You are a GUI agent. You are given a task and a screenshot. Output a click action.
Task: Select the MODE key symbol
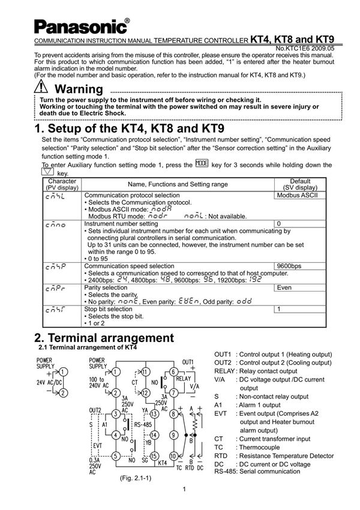[x=202, y=164]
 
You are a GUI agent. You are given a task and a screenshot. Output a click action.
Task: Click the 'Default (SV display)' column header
[x=300, y=184]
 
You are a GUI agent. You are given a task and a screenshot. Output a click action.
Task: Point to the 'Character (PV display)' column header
[x=62, y=184]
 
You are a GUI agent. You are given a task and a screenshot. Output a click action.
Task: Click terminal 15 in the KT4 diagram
[x=155, y=455]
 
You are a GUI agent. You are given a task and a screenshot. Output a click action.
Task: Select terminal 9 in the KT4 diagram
[x=175, y=434]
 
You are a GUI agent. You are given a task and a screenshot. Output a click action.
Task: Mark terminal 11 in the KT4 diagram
[x=145, y=372]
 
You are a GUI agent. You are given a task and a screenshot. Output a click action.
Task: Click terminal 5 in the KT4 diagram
[x=116, y=455]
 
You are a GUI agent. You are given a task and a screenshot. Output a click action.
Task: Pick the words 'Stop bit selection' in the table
[x=108, y=309]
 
